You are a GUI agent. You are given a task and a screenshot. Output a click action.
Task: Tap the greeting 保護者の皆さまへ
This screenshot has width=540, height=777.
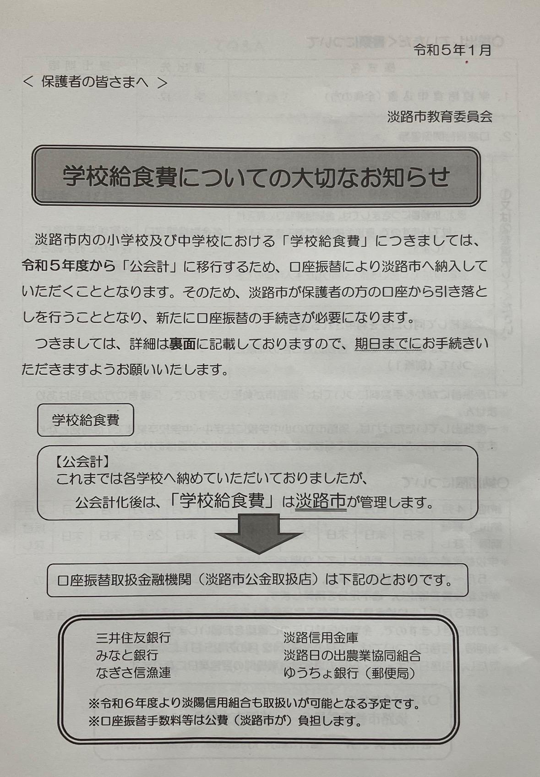coord(95,82)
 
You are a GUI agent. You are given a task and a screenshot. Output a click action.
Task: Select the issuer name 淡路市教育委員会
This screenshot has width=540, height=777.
coord(440,117)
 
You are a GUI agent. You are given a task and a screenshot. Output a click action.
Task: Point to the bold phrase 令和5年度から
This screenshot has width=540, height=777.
coord(68,266)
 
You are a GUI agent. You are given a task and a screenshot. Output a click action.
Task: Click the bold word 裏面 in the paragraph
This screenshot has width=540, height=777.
coord(182,344)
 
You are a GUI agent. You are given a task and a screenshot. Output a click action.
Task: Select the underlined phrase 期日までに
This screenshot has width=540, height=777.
coord(388,344)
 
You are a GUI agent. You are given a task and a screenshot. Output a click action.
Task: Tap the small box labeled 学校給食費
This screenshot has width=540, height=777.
coord(86,420)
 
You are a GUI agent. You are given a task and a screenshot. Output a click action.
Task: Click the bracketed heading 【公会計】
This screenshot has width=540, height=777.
coord(82,462)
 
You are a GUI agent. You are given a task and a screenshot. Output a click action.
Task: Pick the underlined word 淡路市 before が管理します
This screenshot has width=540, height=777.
coord(321,502)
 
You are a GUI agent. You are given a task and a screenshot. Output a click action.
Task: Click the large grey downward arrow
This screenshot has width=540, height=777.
coord(259,534)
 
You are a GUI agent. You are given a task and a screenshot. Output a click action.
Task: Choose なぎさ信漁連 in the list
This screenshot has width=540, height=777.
coord(133,673)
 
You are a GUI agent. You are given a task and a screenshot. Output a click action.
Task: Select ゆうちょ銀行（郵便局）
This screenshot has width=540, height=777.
coord(349,673)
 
